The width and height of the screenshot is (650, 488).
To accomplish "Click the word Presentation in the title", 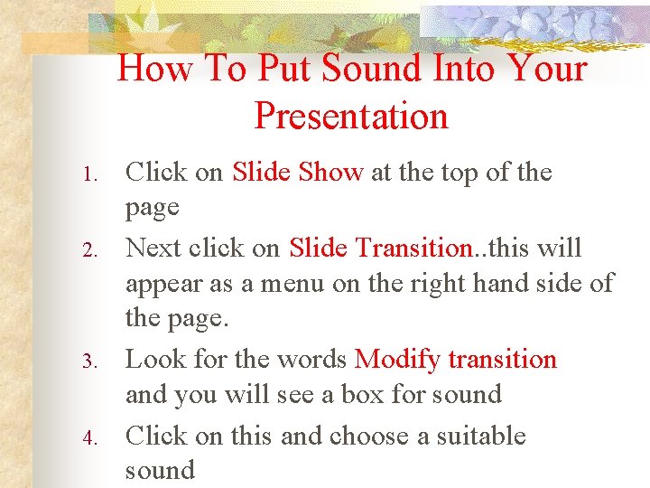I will (x=351, y=116).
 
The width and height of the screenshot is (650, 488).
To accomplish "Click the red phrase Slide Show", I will (x=298, y=172).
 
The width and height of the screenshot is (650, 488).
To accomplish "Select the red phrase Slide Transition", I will (x=381, y=248).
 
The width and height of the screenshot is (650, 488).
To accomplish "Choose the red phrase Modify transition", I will (x=456, y=360).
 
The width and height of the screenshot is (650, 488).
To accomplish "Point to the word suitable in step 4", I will (x=481, y=436).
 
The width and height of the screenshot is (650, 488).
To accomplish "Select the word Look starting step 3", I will (x=153, y=360).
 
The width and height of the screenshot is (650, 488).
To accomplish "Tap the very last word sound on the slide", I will (x=160, y=470).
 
